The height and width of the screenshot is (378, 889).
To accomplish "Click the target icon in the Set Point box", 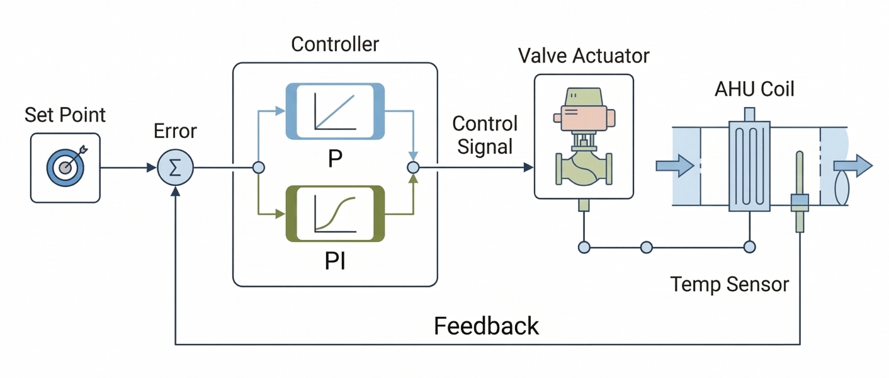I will point(65,167).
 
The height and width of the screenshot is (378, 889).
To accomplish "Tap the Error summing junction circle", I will point(175,168).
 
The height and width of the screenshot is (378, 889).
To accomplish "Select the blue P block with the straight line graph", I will point(335,111).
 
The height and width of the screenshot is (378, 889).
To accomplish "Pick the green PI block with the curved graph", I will point(335,214).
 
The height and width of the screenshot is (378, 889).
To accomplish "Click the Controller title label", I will point(335,44).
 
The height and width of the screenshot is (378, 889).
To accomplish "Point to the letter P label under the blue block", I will point(335,159).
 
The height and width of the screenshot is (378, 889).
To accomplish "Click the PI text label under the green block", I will point(335,261).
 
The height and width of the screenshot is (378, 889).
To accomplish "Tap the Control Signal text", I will point(485,135).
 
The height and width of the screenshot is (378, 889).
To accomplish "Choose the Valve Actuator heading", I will point(584,55).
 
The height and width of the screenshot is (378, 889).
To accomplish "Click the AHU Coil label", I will point(754,89).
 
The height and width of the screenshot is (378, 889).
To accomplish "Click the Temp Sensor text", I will point(729,284).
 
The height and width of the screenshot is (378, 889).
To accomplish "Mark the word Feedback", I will point(486,326).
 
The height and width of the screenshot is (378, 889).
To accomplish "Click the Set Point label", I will point(65,115).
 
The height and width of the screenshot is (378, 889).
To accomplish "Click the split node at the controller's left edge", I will point(258,168).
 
